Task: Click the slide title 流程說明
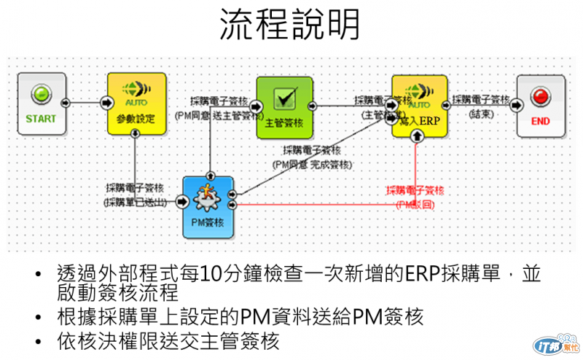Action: click(x=291, y=25)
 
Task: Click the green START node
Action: click(x=41, y=103)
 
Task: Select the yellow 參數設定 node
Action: click(x=136, y=103)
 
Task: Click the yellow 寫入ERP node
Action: click(x=419, y=106)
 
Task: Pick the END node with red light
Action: click(x=540, y=105)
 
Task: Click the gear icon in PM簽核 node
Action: click(x=208, y=197)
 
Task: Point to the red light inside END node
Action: click(x=540, y=95)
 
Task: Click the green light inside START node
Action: click(x=41, y=93)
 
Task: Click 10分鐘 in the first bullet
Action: click(x=223, y=275)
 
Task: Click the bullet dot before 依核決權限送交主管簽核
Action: click(x=37, y=341)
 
